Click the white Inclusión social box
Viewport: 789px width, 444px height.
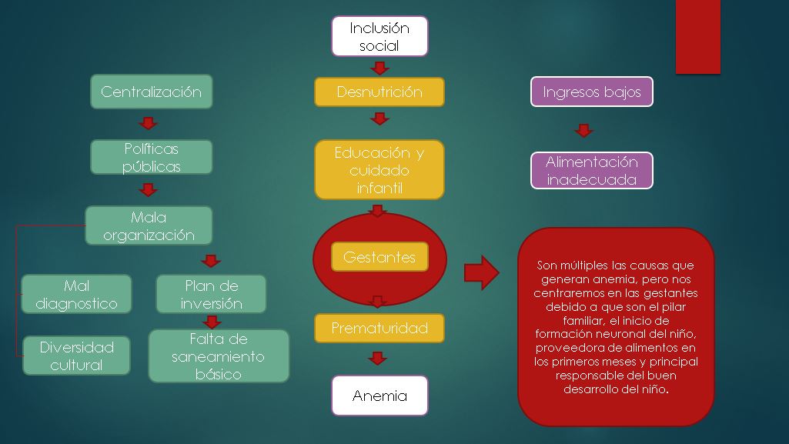(x=379, y=36)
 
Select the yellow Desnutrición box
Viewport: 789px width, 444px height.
(x=379, y=92)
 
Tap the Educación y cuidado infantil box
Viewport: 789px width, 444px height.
(x=379, y=170)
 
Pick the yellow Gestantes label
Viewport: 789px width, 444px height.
(x=379, y=257)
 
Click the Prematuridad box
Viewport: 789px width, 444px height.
(x=379, y=329)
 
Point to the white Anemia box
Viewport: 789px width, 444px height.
(x=379, y=396)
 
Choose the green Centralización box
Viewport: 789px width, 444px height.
(x=152, y=92)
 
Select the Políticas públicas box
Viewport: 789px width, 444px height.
(x=152, y=157)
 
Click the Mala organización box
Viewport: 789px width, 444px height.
(x=149, y=226)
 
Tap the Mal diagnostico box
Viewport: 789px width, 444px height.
(x=76, y=295)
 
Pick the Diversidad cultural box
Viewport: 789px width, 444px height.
(x=76, y=356)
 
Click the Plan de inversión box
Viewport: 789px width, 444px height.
(x=211, y=295)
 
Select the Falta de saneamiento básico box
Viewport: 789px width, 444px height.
(x=219, y=356)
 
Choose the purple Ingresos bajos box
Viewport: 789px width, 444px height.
(x=592, y=92)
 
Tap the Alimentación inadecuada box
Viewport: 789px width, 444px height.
(x=592, y=171)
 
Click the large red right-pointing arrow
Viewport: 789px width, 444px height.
(x=482, y=273)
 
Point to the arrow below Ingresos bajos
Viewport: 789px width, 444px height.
(x=584, y=130)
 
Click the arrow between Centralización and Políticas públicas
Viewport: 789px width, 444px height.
(x=149, y=123)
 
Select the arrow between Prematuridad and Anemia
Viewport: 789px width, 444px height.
(x=377, y=358)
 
